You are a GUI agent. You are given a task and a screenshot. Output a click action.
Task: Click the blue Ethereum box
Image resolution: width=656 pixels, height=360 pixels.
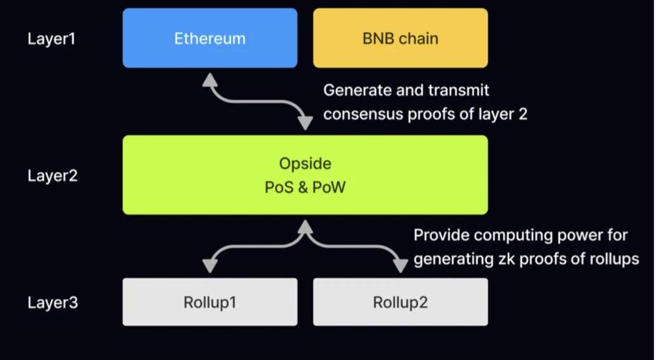pos(210,38)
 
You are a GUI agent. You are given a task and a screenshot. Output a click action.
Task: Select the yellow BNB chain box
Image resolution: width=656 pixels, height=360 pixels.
pos(400,38)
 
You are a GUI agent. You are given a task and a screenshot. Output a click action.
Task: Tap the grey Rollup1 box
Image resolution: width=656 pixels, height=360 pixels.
pos(210,302)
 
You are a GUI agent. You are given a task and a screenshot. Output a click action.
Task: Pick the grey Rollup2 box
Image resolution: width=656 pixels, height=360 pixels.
pos(400,302)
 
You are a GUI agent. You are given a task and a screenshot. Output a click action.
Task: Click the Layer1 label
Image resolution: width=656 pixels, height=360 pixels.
pos(51,39)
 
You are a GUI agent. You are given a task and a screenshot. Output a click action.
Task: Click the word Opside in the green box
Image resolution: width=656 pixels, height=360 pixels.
pos(305,164)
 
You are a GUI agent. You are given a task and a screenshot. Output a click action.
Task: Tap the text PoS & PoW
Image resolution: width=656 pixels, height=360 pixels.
pos(305,188)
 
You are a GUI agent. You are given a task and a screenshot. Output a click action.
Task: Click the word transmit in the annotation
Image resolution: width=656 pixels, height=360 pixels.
pos(462,91)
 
